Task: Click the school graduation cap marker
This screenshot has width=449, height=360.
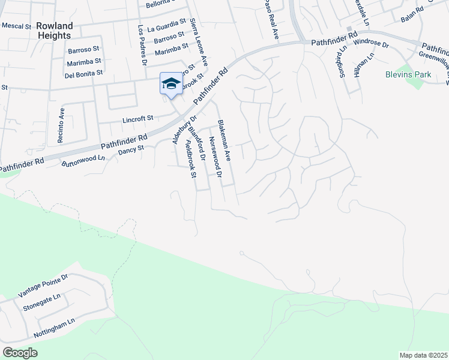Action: [x=171, y=83]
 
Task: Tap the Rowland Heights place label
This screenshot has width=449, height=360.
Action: [x=55, y=31]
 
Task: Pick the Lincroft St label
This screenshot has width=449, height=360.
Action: [x=139, y=118]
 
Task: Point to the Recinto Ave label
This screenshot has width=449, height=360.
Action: [x=61, y=125]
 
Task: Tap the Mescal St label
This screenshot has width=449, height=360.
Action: [x=16, y=26]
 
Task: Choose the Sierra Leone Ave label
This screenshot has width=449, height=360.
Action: [x=199, y=41]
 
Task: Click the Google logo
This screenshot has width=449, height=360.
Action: [x=20, y=353]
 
